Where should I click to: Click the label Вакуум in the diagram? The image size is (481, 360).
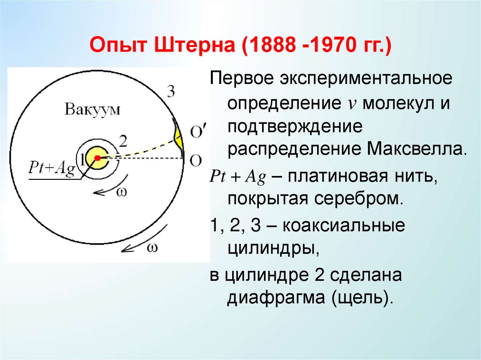tap(93, 110)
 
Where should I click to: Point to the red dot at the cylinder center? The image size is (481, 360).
tap(99, 157)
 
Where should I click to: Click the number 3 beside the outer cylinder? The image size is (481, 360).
tap(171, 92)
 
